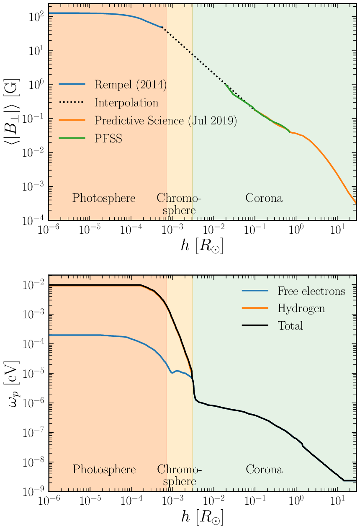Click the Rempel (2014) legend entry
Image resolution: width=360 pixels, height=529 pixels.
(x=130, y=85)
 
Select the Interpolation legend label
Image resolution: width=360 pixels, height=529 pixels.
(x=126, y=103)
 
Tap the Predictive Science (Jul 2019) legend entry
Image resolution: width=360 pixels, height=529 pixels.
(x=165, y=121)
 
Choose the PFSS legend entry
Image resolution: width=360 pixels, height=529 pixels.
(x=108, y=139)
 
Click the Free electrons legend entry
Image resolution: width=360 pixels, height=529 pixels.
(x=311, y=291)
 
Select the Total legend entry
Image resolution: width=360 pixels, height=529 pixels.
(x=291, y=325)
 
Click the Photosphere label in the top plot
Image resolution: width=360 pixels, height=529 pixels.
(x=104, y=198)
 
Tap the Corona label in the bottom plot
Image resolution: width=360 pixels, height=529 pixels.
(x=264, y=470)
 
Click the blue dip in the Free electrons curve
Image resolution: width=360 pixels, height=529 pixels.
(x=172, y=372)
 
